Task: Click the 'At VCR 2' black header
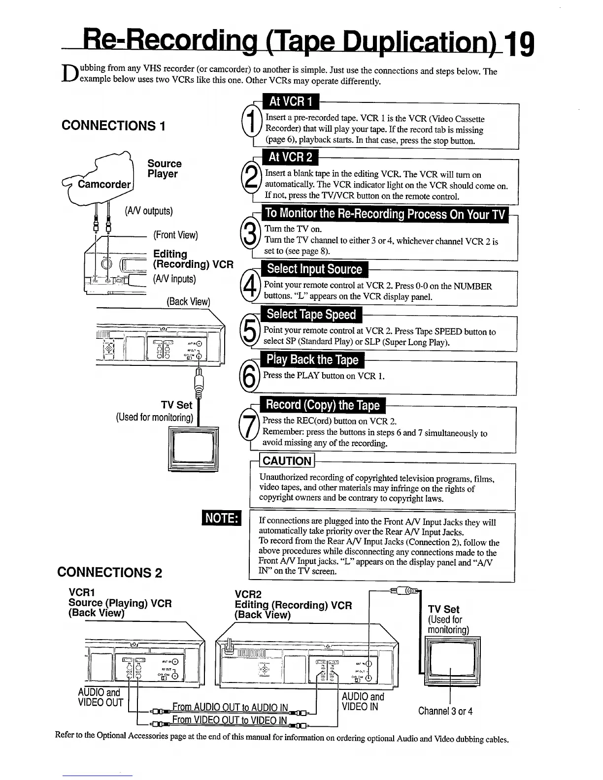pyautogui.click(x=290, y=158)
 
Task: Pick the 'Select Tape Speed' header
pyautogui.click(x=311, y=315)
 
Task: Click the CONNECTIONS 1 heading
pyautogui.click(x=113, y=126)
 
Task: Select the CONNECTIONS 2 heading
pyautogui.click(x=110, y=572)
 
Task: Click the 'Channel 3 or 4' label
pyautogui.click(x=445, y=711)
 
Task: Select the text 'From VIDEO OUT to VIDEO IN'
pyautogui.click(x=230, y=720)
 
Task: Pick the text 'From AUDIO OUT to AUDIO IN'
pyautogui.click(x=230, y=708)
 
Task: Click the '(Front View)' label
pyautogui.click(x=176, y=235)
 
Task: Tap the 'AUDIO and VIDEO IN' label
pyautogui.click(x=363, y=702)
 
